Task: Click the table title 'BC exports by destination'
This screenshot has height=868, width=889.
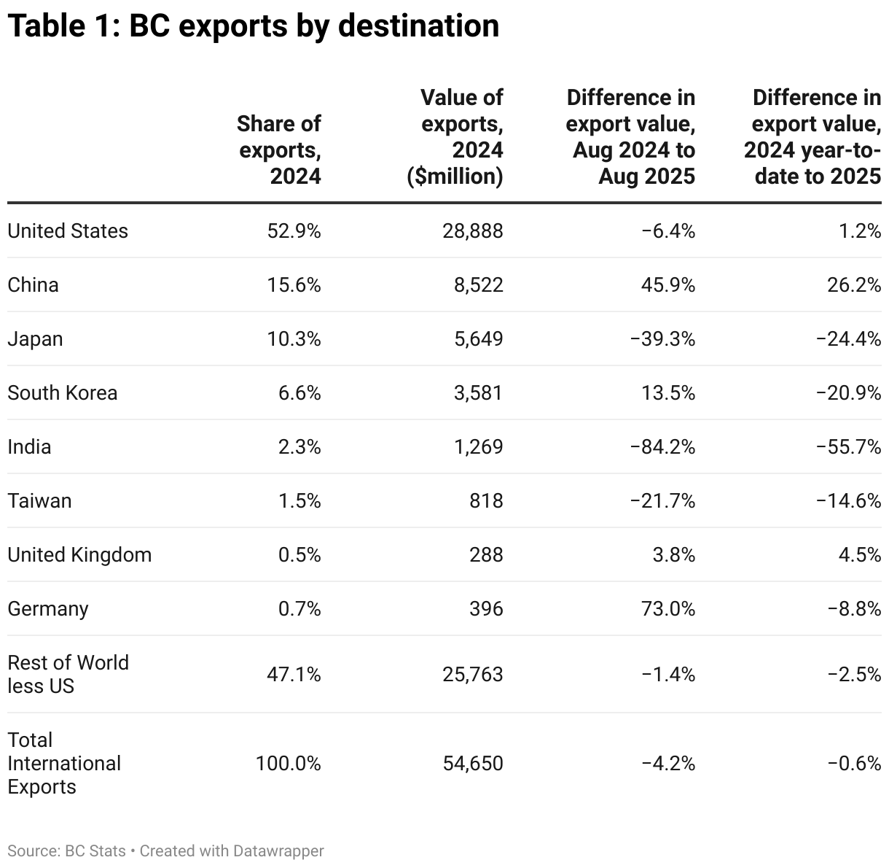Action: click(253, 26)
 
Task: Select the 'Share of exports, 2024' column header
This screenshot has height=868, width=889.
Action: click(279, 150)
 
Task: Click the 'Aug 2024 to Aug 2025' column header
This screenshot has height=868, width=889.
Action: click(631, 137)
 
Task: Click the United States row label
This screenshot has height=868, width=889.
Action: click(68, 231)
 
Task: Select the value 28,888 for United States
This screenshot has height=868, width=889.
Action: click(472, 231)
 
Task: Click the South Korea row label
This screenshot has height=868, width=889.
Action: click(63, 393)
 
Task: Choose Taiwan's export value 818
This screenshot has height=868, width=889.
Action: click(486, 501)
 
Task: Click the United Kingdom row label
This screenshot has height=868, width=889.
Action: click(79, 555)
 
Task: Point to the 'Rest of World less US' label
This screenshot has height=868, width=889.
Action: click(68, 674)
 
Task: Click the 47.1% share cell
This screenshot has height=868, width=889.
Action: click(294, 674)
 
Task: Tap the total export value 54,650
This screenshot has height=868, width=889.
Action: click(472, 764)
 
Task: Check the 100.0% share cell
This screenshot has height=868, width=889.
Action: click(288, 764)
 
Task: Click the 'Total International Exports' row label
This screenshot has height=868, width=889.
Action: click(64, 764)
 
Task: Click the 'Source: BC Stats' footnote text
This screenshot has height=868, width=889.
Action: click(66, 850)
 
